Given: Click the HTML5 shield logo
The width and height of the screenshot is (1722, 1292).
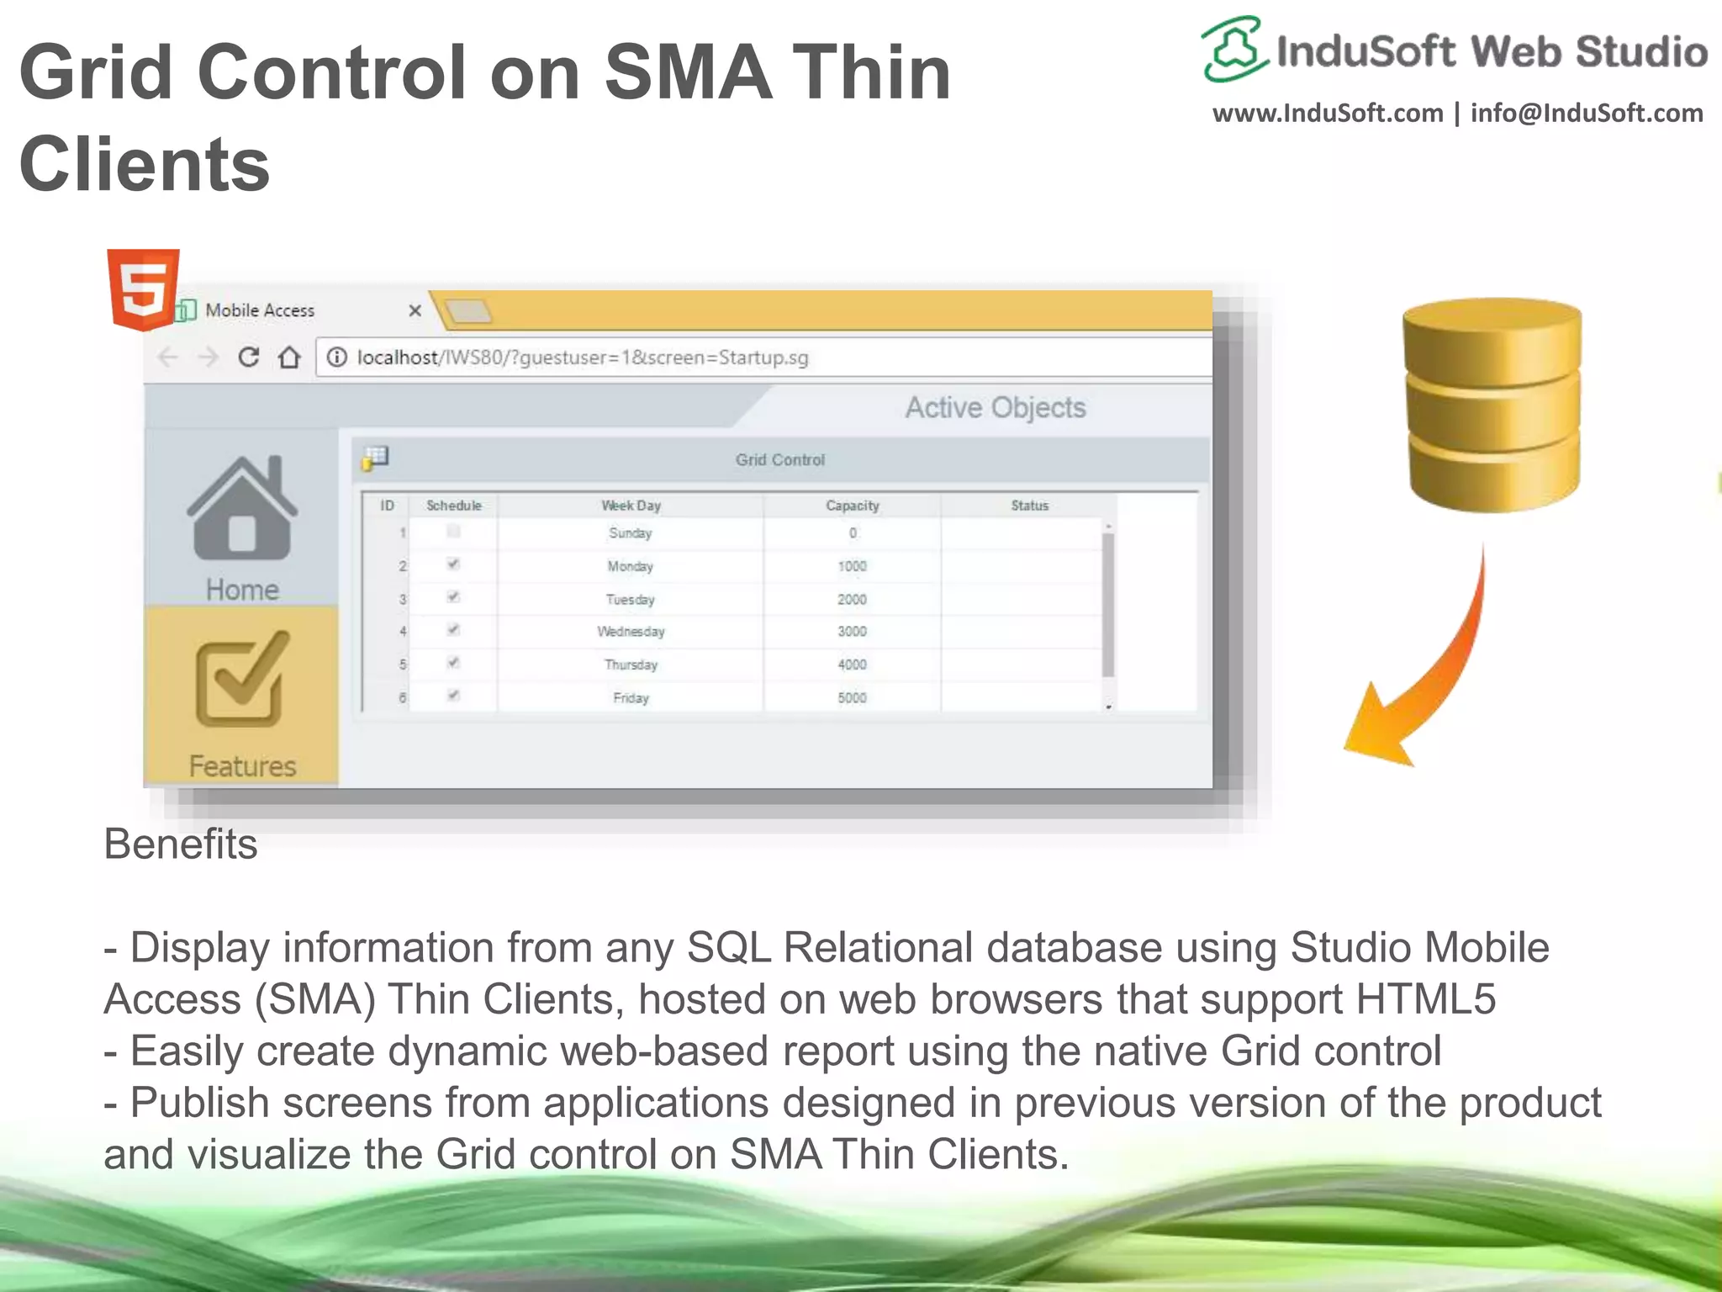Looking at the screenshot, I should tap(143, 289).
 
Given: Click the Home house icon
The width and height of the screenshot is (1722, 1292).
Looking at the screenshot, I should tap(242, 510).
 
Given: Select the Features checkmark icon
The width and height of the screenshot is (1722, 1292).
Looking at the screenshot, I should tap(242, 680).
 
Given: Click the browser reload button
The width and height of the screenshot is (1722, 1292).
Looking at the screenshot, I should tap(248, 357).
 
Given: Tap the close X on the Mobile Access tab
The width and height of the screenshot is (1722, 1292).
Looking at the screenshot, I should tap(415, 310).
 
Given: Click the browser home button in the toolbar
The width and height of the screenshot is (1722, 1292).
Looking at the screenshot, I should tap(289, 357).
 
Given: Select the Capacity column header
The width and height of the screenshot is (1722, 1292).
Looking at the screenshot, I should tap(852, 506).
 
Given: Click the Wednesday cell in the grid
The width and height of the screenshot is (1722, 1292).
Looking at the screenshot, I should tap(631, 632).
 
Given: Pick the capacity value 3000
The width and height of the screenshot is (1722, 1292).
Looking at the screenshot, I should tap(852, 632).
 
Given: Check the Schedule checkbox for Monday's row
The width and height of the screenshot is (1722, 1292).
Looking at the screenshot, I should tap(453, 564).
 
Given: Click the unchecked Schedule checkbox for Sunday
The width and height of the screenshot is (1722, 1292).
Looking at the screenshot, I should tap(453, 531).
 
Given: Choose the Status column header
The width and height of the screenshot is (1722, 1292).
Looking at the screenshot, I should tap(1029, 506).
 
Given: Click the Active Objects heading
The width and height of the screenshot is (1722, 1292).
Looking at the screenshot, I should tap(995, 408).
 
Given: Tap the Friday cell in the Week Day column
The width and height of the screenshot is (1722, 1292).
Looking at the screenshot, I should tap(631, 698).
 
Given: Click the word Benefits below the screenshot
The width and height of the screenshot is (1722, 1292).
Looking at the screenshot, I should tap(180, 844).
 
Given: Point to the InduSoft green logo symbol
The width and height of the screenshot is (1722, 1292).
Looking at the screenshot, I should tap(1233, 49).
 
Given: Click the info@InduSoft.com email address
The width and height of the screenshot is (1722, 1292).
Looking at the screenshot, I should tap(1586, 114).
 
